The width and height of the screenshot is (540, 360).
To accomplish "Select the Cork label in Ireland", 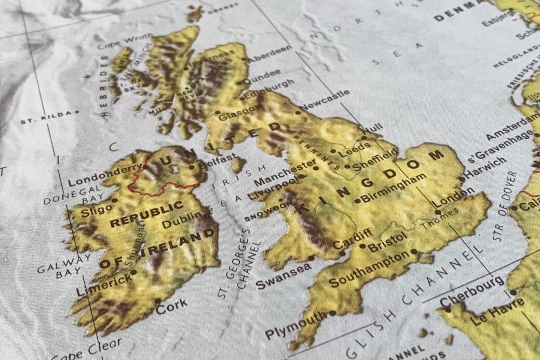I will (171, 307).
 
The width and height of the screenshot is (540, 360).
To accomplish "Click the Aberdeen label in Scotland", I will (269, 54).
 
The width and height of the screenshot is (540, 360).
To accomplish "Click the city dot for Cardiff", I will (342, 254).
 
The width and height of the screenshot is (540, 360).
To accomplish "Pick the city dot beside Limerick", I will (134, 272).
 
